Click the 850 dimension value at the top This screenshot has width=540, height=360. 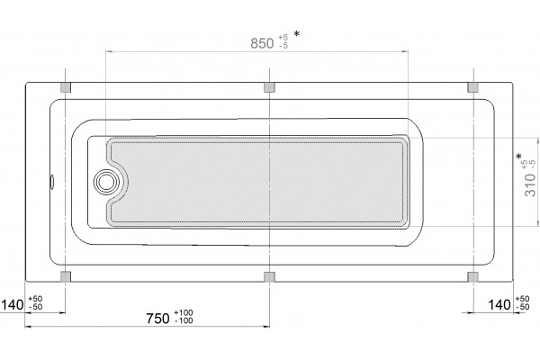coord(262,43)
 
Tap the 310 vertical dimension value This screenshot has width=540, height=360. coord(530,184)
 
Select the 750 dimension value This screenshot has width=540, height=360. coord(158,319)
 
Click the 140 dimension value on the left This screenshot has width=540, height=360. coord(13,304)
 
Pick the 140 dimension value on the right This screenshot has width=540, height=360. coord(499,304)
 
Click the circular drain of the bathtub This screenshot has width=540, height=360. coord(106,181)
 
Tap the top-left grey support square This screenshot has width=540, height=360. coord(66,87)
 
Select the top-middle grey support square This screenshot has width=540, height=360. coord(269,87)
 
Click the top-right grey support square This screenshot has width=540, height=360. coord(473,87)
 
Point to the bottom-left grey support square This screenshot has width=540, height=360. coord(66,276)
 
